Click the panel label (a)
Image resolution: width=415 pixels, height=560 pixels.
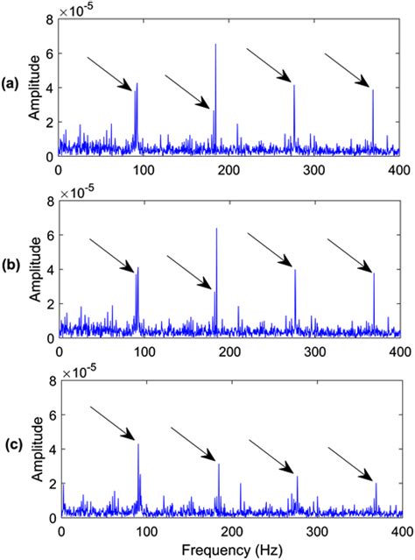point(11,86)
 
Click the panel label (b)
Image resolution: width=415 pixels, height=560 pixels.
point(11,268)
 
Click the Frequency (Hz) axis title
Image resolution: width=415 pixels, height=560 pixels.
point(230,550)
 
